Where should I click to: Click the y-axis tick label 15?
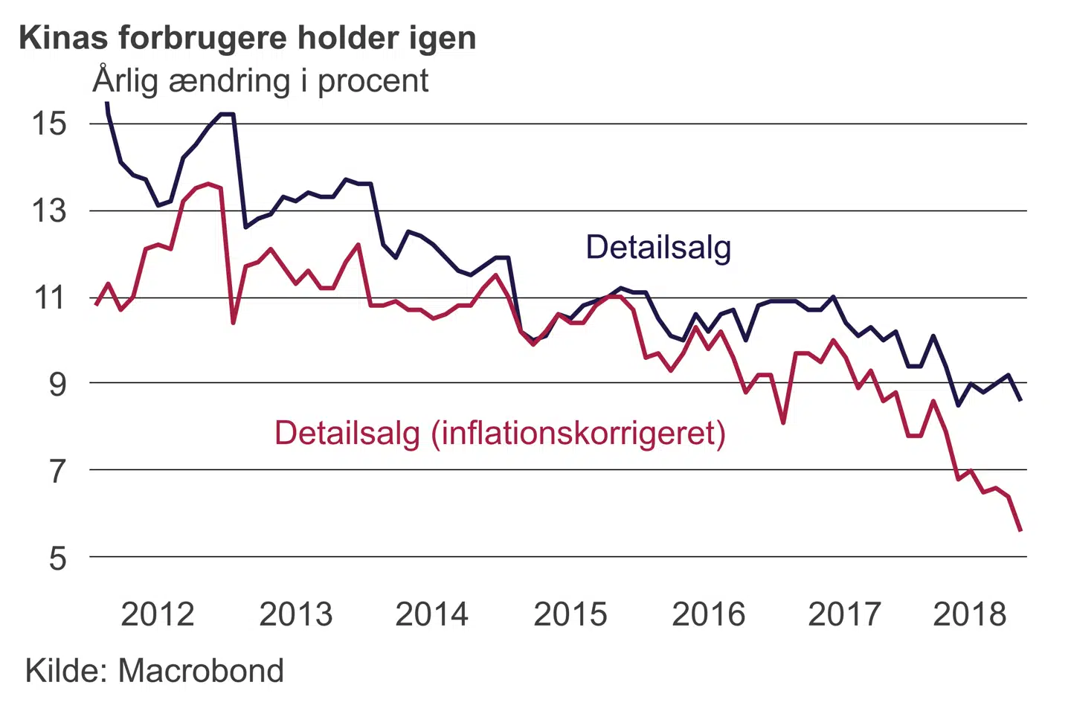pyautogui.click(x=48, y=123)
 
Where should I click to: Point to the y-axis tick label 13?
pyautogui.click(x=48, y=211)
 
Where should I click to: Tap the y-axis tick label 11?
pyautogui.click(x=48, y=298)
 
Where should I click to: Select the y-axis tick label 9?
pyautogui.click(x=57, y=384)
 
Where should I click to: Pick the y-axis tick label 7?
pyautogui.click(x=57, y=471)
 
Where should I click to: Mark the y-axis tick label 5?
pyautogui.click(x=57, y=558)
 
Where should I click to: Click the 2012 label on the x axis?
pyautogui.click(x=158, y=614)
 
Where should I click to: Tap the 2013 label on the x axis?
pyautogui.click(x=296, y=614)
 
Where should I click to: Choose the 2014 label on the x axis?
pyautogui.click(x=432, y=614)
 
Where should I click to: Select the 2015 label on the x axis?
pyautogui.click(x=570, y=614)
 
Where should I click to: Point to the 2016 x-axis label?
pyautogui.click(x=709, y=614)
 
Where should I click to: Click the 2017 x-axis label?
pyautogui.click(x=845, y=614)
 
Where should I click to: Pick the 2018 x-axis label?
pyautogui.click(x=970, y=614)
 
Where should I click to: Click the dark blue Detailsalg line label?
pyautogui.click(x=658, y=247)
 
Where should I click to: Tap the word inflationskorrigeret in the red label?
pyautogui.click(x=579, y=433)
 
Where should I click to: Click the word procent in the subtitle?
pyautogui.click(x=373, y=81)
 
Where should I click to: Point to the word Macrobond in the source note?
pyautogui.click(x=201, y=671)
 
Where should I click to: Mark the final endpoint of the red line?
pyautogui.click(x=1020, y=530)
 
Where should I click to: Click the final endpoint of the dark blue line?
pyautogui.click(x=1020, y=400)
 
